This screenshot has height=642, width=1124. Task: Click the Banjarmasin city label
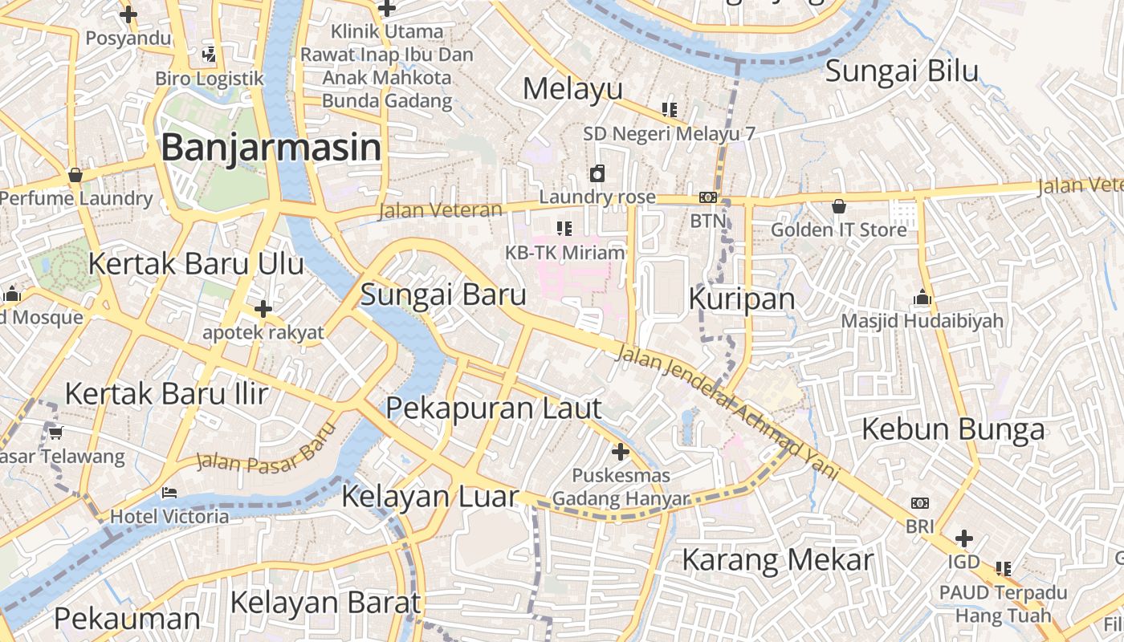(271, 148)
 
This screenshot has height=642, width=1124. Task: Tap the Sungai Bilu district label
(902, 71)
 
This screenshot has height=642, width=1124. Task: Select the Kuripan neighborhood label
(742, 299)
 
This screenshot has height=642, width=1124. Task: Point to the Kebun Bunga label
(953, 429)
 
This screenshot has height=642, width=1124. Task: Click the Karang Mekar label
(777, 559)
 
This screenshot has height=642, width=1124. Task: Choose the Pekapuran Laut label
(493, 408)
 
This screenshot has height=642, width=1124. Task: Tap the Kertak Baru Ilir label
(166, 394)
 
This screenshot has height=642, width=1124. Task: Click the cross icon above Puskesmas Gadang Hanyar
(621, 451)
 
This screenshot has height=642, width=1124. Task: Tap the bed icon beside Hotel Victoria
(169, 492)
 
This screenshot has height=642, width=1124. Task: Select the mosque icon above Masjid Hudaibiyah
(922, 299)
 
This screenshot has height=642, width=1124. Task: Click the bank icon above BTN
(707, 197)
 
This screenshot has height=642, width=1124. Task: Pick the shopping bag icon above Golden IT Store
(839, 206)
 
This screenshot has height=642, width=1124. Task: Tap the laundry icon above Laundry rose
(597, 173)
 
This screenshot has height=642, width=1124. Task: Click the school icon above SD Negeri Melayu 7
(669, 109)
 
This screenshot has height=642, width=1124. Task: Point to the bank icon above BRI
(920, 503)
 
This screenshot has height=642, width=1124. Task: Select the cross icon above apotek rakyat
(263, 309)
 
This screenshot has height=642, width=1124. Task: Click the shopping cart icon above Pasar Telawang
(55, 433)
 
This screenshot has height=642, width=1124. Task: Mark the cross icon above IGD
(964, 538)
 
